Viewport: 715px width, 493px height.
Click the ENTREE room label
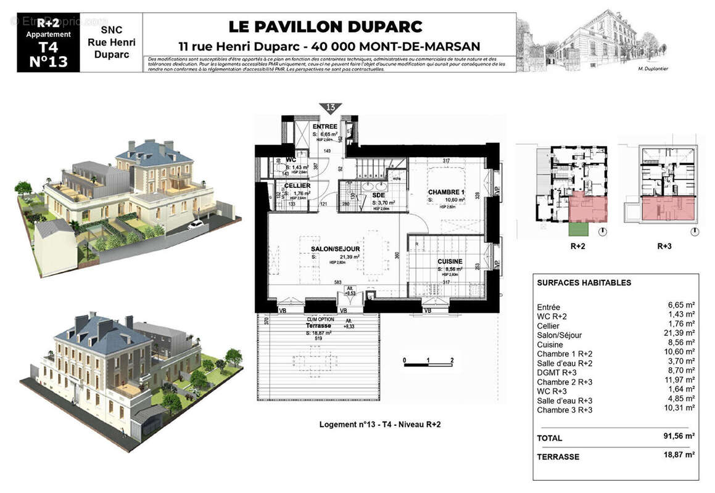click(x=324, y=127)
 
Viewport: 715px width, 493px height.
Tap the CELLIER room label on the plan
click(x=297, y=185)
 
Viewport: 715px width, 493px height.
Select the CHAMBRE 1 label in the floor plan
click(x=446, y=192)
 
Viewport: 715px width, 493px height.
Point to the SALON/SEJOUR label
click(x=335, y=249)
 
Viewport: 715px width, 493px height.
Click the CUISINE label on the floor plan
click(x=449, y=261)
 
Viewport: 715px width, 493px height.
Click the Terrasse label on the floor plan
click(x=319, y=325)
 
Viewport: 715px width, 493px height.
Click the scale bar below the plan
click(x=428, y=365)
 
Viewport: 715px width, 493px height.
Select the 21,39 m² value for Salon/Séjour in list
click(x=681, y=335)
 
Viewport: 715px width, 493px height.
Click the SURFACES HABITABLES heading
click(x=584, y=283)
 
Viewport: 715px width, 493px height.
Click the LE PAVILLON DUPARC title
click(x=326, y=27)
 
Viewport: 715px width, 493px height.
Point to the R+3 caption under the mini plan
click(x=664, y=245)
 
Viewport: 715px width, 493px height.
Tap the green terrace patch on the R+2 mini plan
click(x=577, y=229)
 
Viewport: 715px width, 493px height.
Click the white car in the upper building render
click(x=196, y=224)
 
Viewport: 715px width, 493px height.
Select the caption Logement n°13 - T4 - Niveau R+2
click(x=379, y=425)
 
